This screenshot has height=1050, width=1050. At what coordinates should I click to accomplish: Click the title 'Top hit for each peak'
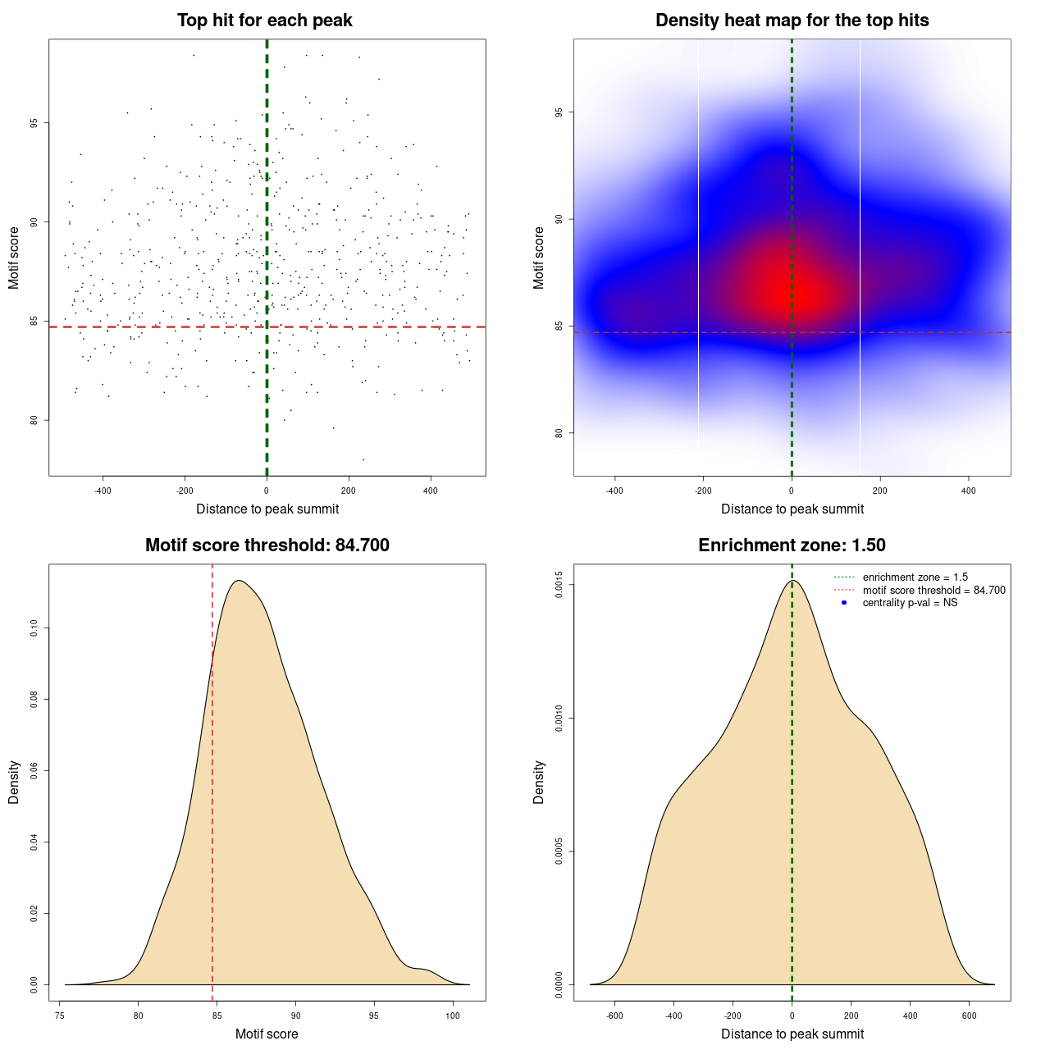(264, 21)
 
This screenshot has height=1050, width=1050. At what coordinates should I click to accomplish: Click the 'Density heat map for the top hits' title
(792, 21)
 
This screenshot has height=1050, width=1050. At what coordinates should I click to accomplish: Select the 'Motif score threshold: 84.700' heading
(267, 546)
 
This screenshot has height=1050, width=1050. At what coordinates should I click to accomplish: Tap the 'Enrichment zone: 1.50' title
(792, 546)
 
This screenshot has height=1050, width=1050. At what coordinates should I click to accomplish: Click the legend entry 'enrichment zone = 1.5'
(915, 577)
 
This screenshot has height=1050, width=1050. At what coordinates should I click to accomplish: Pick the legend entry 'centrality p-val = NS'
(910, 603)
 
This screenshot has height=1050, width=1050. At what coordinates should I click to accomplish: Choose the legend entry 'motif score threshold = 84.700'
(934, 591)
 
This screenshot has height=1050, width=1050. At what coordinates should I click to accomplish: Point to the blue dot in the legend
(844, 603)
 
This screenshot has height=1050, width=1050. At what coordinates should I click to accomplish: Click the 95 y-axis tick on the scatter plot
(34, 123)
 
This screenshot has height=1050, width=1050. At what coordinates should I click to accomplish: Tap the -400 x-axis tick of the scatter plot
(103, 491)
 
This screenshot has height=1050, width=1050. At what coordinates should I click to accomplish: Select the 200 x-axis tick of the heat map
(880, 491)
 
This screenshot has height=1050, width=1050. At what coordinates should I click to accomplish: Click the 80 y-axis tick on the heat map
(559, 433)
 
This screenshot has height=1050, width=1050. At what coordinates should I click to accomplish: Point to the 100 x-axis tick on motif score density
(453, 1016)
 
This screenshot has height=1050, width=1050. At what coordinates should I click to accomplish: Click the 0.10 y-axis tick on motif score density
(34, 628)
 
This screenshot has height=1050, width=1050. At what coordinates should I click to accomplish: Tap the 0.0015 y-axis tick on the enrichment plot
(559, 585)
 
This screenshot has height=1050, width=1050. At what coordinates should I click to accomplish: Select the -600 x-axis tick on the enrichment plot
(614, 1016)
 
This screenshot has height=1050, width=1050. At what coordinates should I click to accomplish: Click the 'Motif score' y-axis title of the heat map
(539, 258)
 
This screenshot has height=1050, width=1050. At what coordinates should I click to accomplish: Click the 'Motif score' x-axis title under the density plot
(267, 1034)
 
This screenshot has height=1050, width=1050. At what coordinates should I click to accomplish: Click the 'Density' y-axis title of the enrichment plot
(539, 782)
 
